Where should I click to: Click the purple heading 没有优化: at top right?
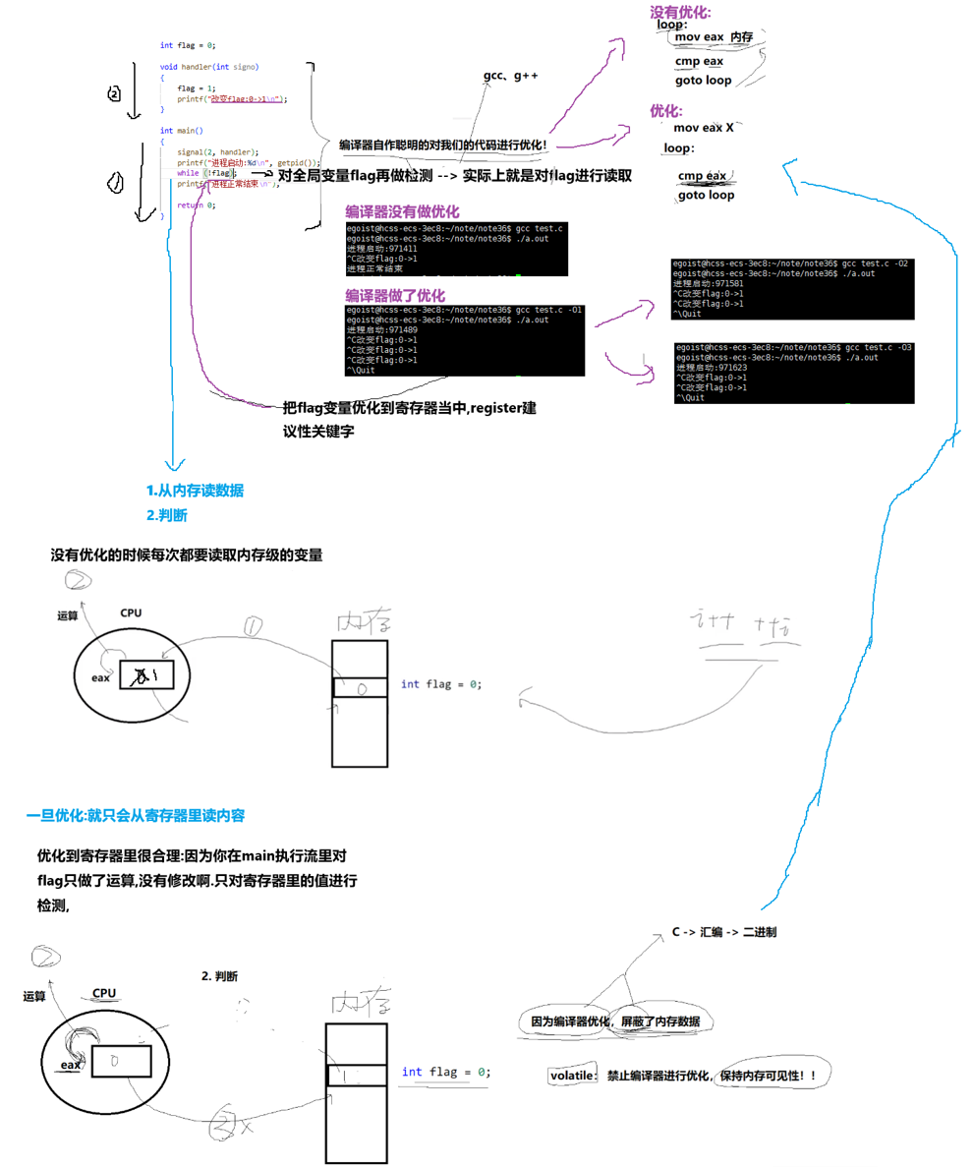(x=680, y=13)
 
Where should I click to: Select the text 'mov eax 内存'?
(x=714, y=36)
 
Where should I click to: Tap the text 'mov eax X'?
(x=704, y=128)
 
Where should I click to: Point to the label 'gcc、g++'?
(x=511, y=76)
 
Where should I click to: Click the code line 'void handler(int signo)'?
(x=209, y=67)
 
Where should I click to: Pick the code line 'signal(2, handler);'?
(x=217, y=152)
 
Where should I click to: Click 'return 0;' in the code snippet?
(x=196, y=204)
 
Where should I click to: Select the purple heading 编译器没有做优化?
(x=402, y=212)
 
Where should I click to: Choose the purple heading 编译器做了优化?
(x=395, y=295)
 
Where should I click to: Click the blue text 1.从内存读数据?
(x=196, y=492)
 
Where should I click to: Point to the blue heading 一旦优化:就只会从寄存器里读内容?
(x=136, y=816)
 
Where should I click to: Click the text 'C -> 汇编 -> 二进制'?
(x=727, y=931)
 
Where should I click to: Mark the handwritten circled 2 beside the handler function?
(x=114, y=93)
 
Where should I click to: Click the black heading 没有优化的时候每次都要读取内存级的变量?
(x=187, y=556)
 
